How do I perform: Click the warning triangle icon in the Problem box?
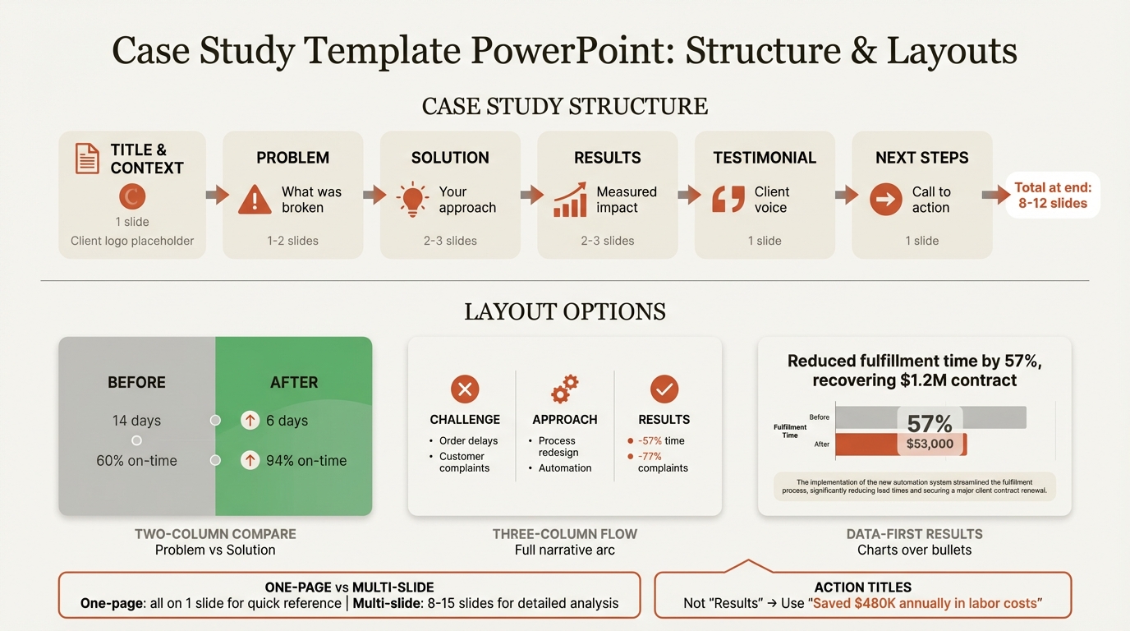(255, 200)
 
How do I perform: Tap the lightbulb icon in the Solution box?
(412, 200)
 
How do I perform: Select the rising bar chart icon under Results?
(570, 200)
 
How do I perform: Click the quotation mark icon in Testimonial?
(728, 200)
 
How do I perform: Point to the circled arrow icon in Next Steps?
(885, 200)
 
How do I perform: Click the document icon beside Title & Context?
(87, 158)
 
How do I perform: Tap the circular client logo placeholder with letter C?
(132, 196)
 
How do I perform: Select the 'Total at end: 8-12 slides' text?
(1053, 196)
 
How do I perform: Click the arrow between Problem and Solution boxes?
(374, 195)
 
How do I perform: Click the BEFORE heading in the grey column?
(136, 382)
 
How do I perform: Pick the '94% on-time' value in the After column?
(306, 461)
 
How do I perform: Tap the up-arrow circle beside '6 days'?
(250, 421)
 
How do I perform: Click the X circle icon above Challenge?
(465, 389)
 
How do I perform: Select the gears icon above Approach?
(565, 389)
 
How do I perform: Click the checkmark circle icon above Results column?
(664, 389)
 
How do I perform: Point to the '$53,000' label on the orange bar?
(930, 444)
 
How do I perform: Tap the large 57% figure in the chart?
(930, 423)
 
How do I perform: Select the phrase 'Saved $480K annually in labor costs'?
(926, 604)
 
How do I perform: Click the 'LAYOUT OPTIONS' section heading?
(565, 312)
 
